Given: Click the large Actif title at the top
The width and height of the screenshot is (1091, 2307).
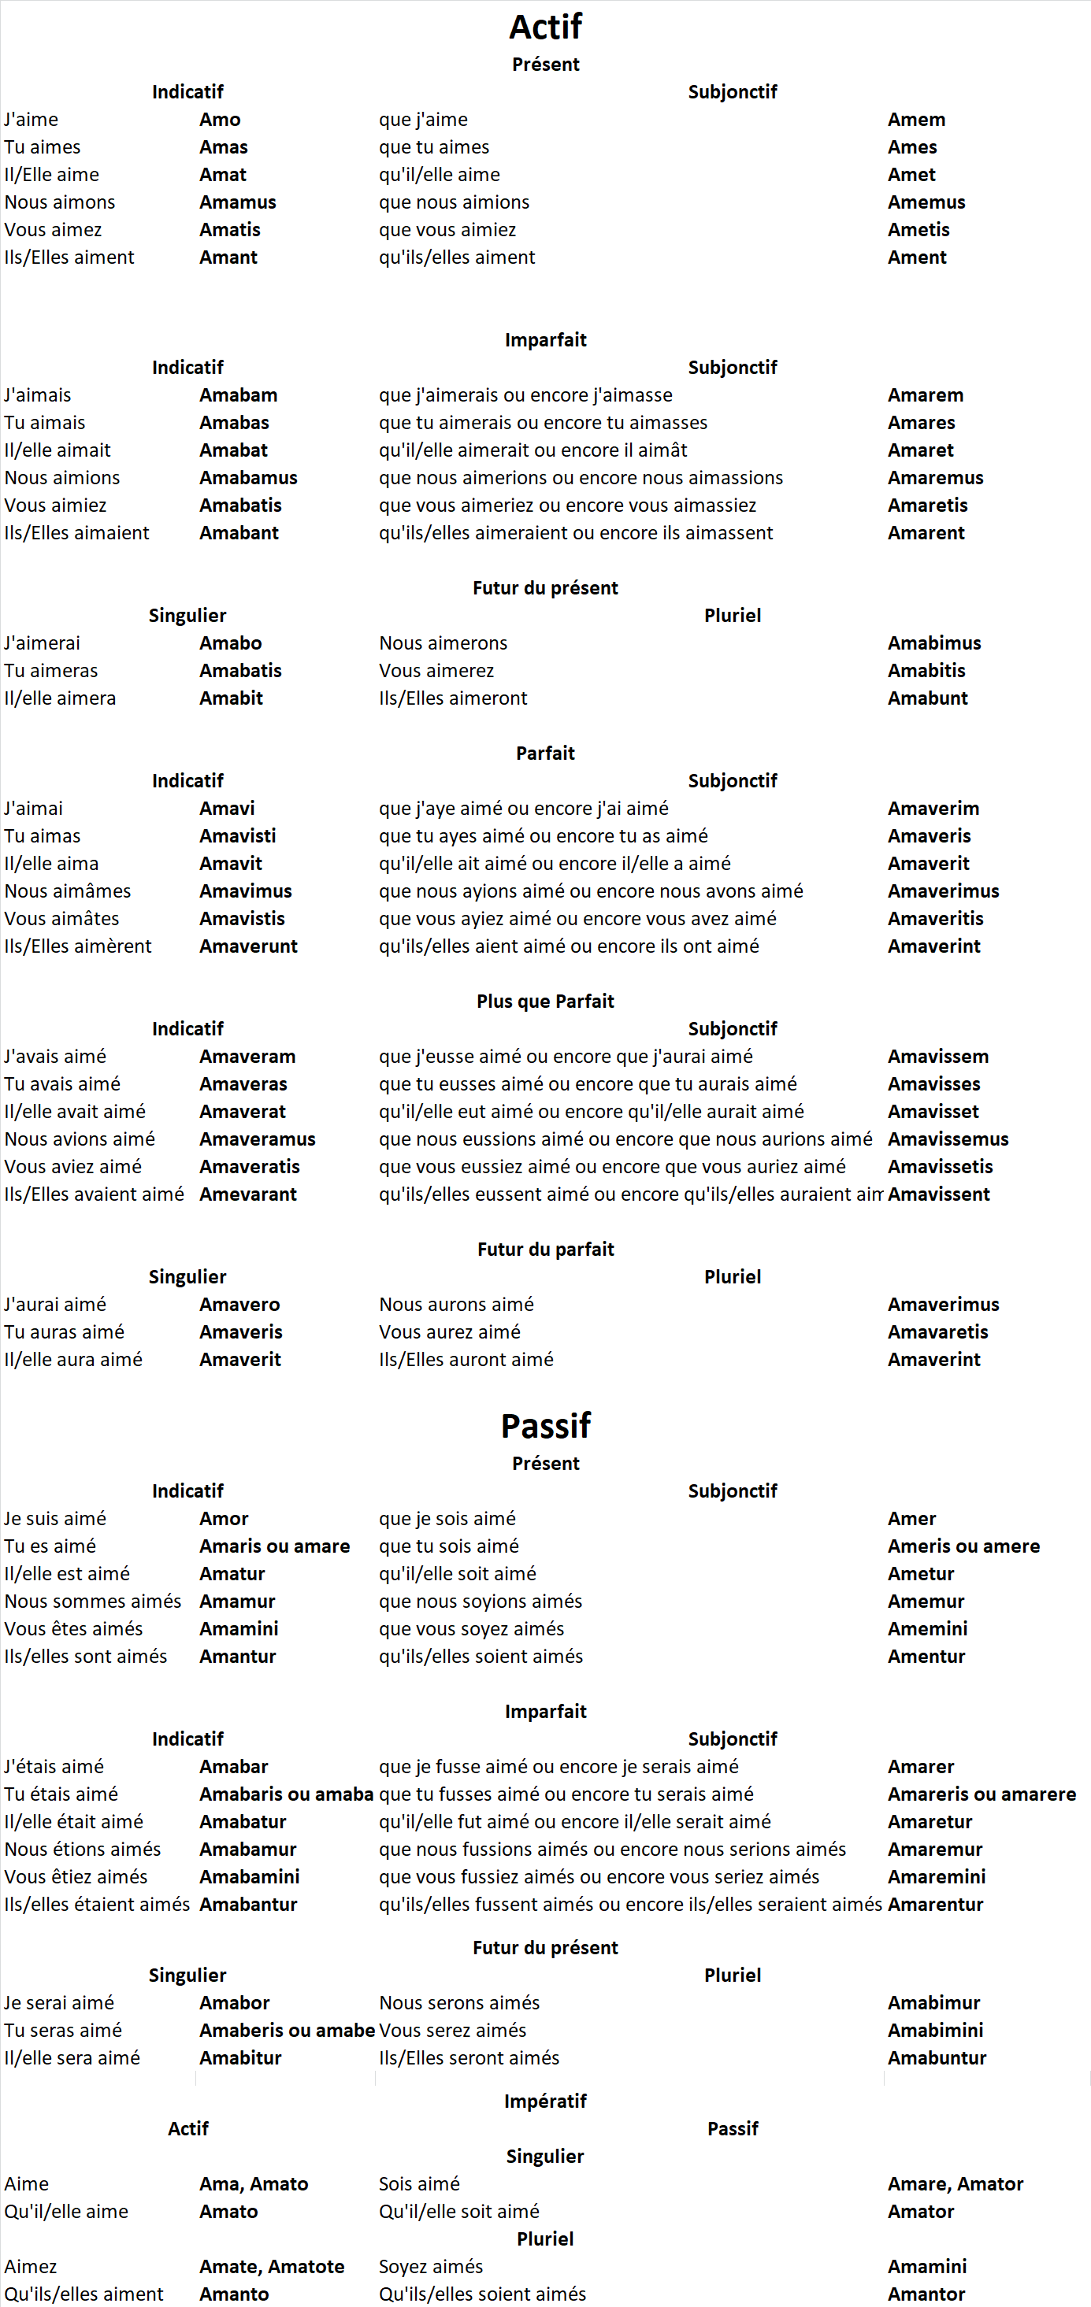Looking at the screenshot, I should [545, 27].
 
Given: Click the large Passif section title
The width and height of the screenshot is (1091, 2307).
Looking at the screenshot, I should [545, 1425].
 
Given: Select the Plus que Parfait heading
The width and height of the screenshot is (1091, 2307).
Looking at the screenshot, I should [545, 1002].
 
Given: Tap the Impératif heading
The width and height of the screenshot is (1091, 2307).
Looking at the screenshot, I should [545, 2101].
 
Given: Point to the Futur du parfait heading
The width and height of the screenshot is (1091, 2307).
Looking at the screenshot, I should [545, 1250].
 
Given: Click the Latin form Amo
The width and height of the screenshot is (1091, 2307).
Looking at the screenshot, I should [221, 119].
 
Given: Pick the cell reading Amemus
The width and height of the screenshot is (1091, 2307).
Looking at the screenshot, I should [926, 202].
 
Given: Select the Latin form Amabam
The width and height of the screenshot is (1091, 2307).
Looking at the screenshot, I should [238, 395].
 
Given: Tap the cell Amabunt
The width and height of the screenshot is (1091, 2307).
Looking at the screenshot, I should [927, 698].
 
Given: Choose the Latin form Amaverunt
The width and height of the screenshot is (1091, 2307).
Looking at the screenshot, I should [248, 946].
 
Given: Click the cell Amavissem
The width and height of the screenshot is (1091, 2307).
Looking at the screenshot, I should [938, 1057].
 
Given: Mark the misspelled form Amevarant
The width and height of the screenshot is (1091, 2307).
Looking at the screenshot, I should [248, 1194].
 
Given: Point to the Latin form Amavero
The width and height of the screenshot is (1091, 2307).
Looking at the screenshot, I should [239, 1305].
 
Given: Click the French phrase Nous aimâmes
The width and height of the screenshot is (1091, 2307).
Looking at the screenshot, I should [67, 891].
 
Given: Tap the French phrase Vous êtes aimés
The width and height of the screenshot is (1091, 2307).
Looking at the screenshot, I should [73, 1629].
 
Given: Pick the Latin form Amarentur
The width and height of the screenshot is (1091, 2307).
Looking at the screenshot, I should [935, 1905].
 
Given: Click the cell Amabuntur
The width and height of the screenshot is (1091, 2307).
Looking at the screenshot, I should [937, 2058].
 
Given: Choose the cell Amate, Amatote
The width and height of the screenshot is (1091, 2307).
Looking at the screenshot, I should [272, 2267].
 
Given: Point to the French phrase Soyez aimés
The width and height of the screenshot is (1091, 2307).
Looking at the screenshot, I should [431, 2267].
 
